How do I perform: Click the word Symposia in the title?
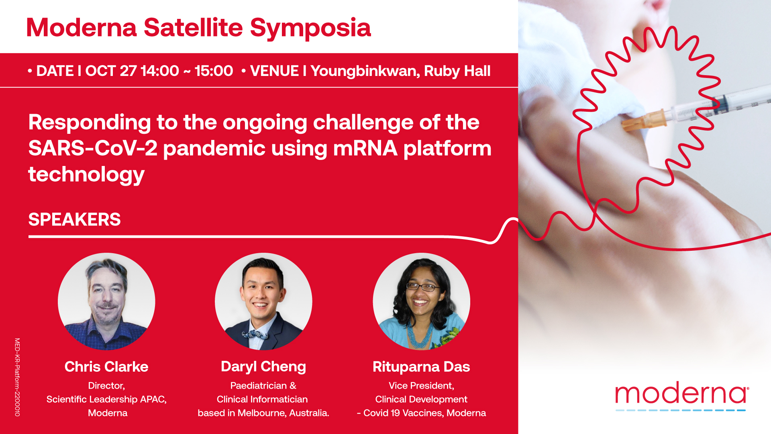click(310, 29)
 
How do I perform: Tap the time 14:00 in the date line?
click(160, 71)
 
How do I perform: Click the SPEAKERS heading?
click(74, 219)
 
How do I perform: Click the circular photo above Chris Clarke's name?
click(106, 301)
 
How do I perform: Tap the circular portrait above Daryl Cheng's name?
click(263, 301)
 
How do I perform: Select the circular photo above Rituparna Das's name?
click(421, 301)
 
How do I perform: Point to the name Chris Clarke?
click(106, 366)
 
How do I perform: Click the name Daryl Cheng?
click(263, 367)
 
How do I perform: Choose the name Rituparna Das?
click(421, 367)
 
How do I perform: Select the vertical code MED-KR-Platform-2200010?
click(17, 377)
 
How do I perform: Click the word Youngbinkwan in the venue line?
click(365, 71)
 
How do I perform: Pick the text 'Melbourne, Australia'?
click(284, 413)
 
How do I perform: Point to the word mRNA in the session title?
click(365, 148)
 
